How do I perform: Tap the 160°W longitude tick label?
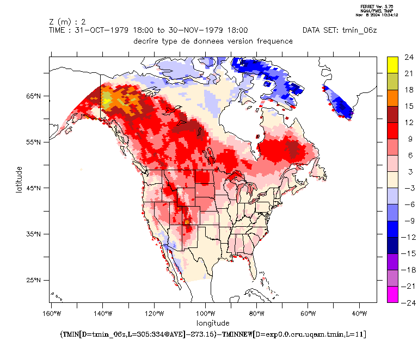[x=51, y=314]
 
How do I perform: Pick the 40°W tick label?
[x=359, y=314]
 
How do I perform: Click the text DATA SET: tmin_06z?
[x=341, y=30]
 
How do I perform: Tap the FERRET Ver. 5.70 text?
[x=376, y=6]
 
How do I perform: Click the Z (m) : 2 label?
[x=67, y=22]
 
